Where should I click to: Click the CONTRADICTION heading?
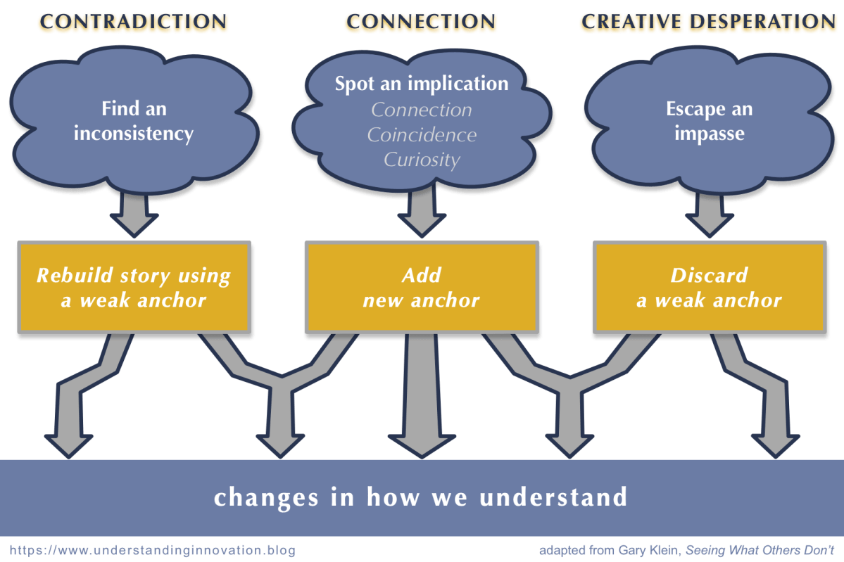133,22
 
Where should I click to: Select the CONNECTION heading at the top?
421,22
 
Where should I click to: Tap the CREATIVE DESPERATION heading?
708,22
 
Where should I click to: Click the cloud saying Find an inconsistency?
133,121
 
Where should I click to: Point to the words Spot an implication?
421,84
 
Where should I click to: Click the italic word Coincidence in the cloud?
422,134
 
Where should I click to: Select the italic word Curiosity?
422,160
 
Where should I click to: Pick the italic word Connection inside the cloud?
422,110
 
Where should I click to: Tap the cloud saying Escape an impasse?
709,121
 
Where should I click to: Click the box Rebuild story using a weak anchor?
134,287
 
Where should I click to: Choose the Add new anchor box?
421,287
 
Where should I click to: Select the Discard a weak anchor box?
709,287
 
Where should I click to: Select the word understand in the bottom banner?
553,497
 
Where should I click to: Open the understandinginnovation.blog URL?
153,549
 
